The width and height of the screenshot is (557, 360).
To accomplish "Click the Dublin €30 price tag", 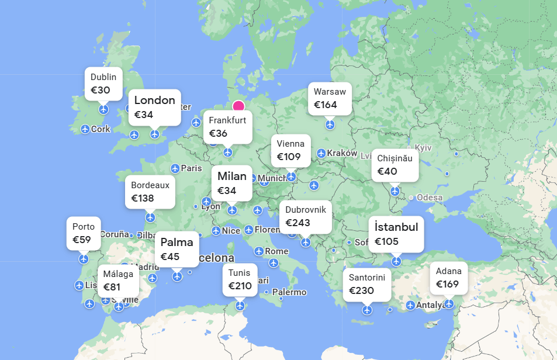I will click(103, 84).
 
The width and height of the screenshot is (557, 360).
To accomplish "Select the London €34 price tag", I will click(154, 107).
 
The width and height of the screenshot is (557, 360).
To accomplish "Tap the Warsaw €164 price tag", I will click(330, 98).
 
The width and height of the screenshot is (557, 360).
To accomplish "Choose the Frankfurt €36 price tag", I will click(227, 127).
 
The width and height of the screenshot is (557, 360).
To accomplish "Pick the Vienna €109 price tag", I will click(290, 150).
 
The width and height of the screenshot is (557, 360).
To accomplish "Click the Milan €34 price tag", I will click(232, 183).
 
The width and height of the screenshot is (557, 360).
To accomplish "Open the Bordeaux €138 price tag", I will click(150, 192).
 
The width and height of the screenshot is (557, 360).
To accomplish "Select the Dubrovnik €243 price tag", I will click(305, 216).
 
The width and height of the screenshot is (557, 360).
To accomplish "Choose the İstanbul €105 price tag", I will click(396, 234).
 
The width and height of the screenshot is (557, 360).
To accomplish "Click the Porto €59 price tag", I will click(84, 233).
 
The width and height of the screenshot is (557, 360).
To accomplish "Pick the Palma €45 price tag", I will click(177, 249).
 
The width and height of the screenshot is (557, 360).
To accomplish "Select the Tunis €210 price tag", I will click(239, 279).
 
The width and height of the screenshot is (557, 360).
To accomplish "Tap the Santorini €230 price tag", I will click(366, 284).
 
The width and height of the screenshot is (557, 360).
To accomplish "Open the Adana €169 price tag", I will click(448, 278).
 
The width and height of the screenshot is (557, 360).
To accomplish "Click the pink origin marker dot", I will click(238, 106).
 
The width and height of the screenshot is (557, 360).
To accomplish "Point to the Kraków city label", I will click(342, 153).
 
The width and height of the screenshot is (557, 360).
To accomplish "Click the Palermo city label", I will click(289, 292).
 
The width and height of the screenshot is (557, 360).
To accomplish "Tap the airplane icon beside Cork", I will click(85, 129).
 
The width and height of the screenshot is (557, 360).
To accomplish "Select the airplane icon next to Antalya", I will click(410, 305).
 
